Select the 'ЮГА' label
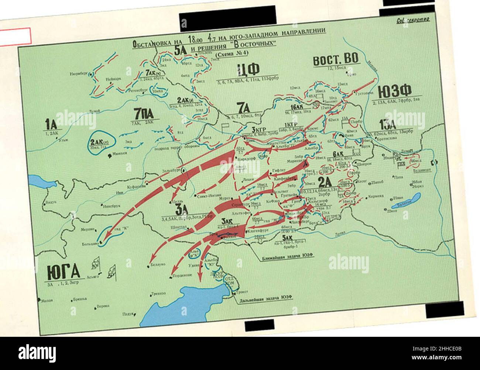[64, 273]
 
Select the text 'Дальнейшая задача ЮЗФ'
[266, 301]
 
